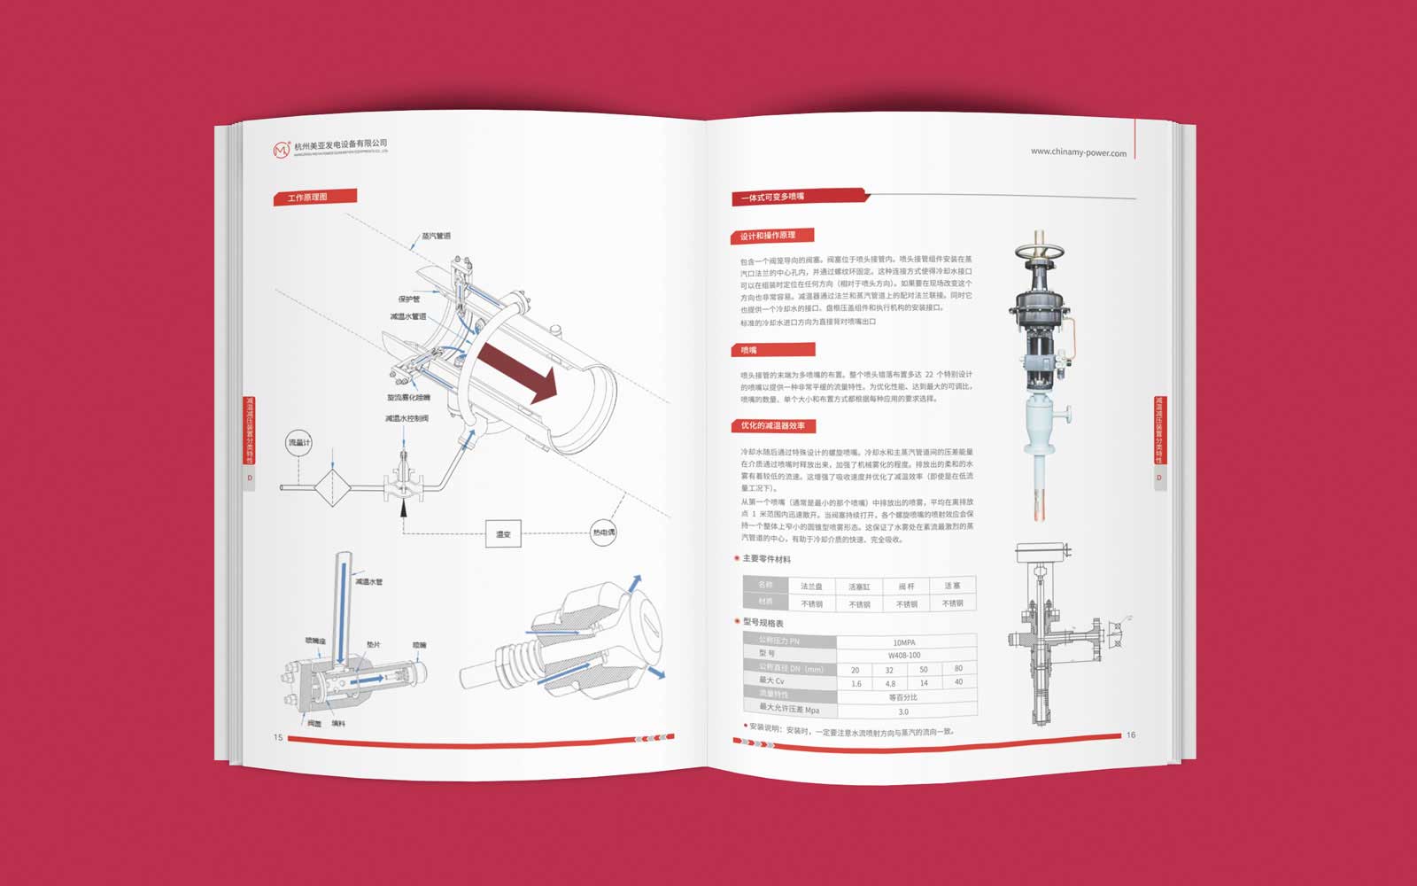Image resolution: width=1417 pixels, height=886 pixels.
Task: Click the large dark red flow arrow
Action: (518, 369)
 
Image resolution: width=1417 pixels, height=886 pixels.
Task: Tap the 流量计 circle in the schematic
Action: (298, 442)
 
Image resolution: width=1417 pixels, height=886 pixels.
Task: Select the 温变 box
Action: (503, 534)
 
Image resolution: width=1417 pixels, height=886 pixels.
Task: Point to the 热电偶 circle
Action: (603, 532)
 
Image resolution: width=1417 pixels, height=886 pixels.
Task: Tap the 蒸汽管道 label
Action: (436, 236)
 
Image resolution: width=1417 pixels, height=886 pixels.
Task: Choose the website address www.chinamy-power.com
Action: (1078, 152)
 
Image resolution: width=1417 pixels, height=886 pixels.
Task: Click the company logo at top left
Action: (282, 150)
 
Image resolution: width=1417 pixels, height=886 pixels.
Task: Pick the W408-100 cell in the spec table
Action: (903, 656)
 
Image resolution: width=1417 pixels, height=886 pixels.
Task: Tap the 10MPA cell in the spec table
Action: (903, 642)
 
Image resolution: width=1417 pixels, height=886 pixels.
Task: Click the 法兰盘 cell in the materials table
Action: (811, 587)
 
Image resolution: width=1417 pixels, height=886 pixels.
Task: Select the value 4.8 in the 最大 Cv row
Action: (889, 684)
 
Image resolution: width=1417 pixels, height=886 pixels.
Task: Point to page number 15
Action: (278, 737)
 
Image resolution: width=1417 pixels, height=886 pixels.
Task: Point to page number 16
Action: (1130, 734)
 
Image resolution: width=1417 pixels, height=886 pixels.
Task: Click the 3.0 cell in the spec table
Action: (903, 711)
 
